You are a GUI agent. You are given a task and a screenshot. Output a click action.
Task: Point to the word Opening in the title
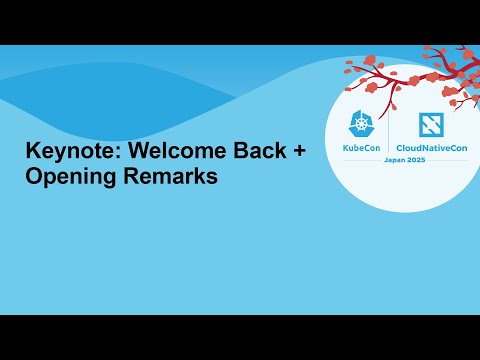[x=68, y=178]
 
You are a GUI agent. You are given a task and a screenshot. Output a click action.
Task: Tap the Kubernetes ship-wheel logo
[x=361, y=126]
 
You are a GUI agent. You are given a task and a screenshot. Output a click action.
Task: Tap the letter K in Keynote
[x=32, y=153]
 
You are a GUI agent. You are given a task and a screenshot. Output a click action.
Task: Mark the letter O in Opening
[x=34, y=177]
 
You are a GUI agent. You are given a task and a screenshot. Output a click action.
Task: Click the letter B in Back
[x=225, y=153]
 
